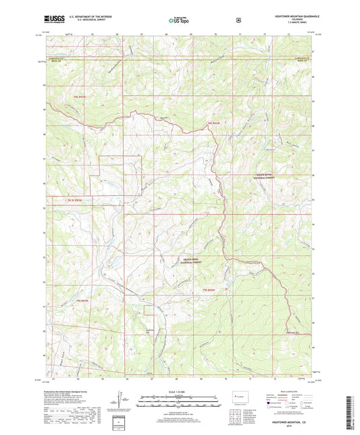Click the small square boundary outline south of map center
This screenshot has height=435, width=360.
148,310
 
